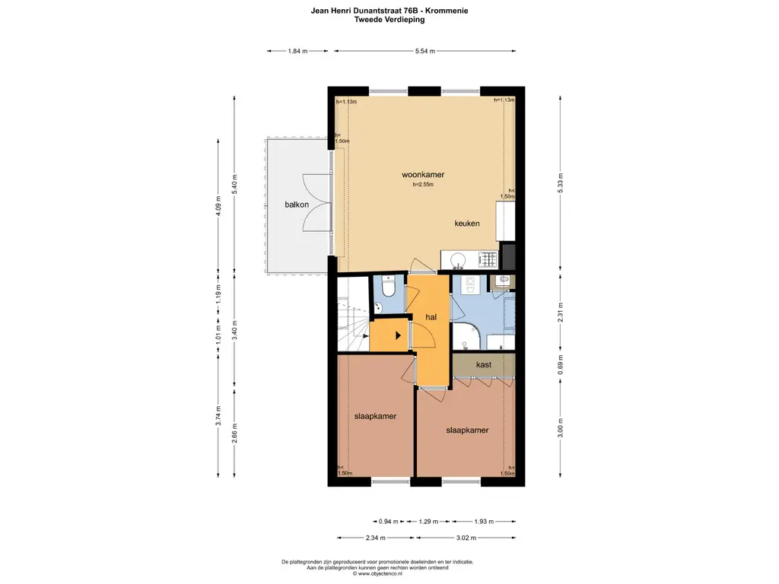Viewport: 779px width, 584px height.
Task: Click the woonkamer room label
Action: (x=423, y=174)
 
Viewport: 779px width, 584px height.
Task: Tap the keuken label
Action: (x=466, y=224)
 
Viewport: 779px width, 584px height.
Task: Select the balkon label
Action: (x=297, y=205)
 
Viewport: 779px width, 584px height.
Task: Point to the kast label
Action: (x=483, y=364)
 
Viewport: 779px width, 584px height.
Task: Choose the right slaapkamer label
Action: (x=466, y=430)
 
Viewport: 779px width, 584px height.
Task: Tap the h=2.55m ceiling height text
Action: (x=423, y=184)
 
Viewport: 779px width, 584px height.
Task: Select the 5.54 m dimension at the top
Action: (x=425, y=51)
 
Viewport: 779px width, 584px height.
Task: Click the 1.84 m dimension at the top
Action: (x=297, y=51)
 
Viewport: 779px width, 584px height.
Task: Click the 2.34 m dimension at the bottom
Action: (x=373, y=538)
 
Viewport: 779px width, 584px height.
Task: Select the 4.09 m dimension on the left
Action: (x=218, y=207)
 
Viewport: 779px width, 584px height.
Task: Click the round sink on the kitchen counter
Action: (x=459, y=262)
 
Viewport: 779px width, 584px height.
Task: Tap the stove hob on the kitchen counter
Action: (x=487, y=262)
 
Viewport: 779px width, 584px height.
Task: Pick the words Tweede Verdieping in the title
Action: (x=389, y=20)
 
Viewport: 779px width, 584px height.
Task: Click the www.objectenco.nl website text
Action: (x=389, y=573)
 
